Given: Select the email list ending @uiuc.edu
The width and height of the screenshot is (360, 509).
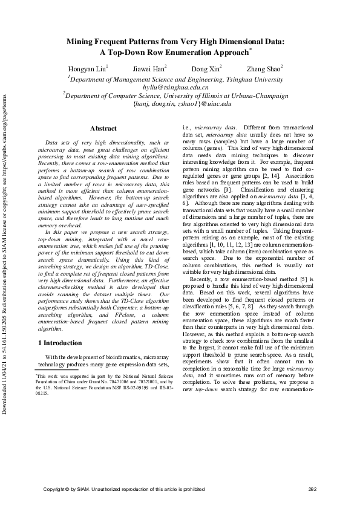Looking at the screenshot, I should click(182, 103).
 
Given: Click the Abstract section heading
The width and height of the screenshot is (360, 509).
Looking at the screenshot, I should click(103, 128).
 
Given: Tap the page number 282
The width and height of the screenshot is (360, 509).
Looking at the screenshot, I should click(312, 488).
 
